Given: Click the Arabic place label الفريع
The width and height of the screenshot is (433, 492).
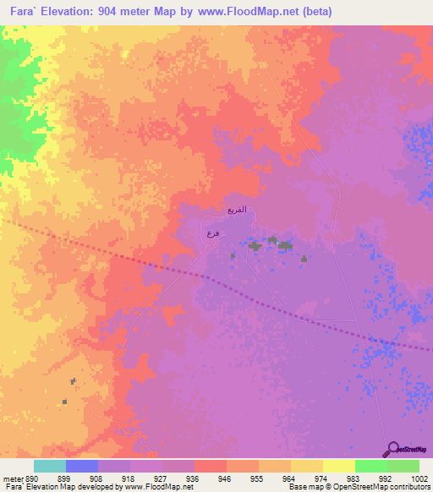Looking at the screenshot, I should pos(238,208).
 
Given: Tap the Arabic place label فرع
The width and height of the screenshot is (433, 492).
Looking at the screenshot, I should pos(212,232).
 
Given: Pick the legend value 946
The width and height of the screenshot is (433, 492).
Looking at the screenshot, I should pos(223,478).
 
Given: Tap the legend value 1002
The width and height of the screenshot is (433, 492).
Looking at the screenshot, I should pos(420,478).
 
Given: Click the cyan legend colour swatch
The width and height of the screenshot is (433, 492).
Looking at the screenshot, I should pos(49,466).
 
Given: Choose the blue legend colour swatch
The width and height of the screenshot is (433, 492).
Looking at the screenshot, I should pos(81,466).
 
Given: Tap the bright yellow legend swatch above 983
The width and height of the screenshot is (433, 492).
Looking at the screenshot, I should pos(338,466).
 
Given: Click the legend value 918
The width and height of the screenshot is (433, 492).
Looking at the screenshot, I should pos(128,478).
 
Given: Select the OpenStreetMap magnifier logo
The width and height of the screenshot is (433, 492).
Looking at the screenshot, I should pos(392,449).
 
